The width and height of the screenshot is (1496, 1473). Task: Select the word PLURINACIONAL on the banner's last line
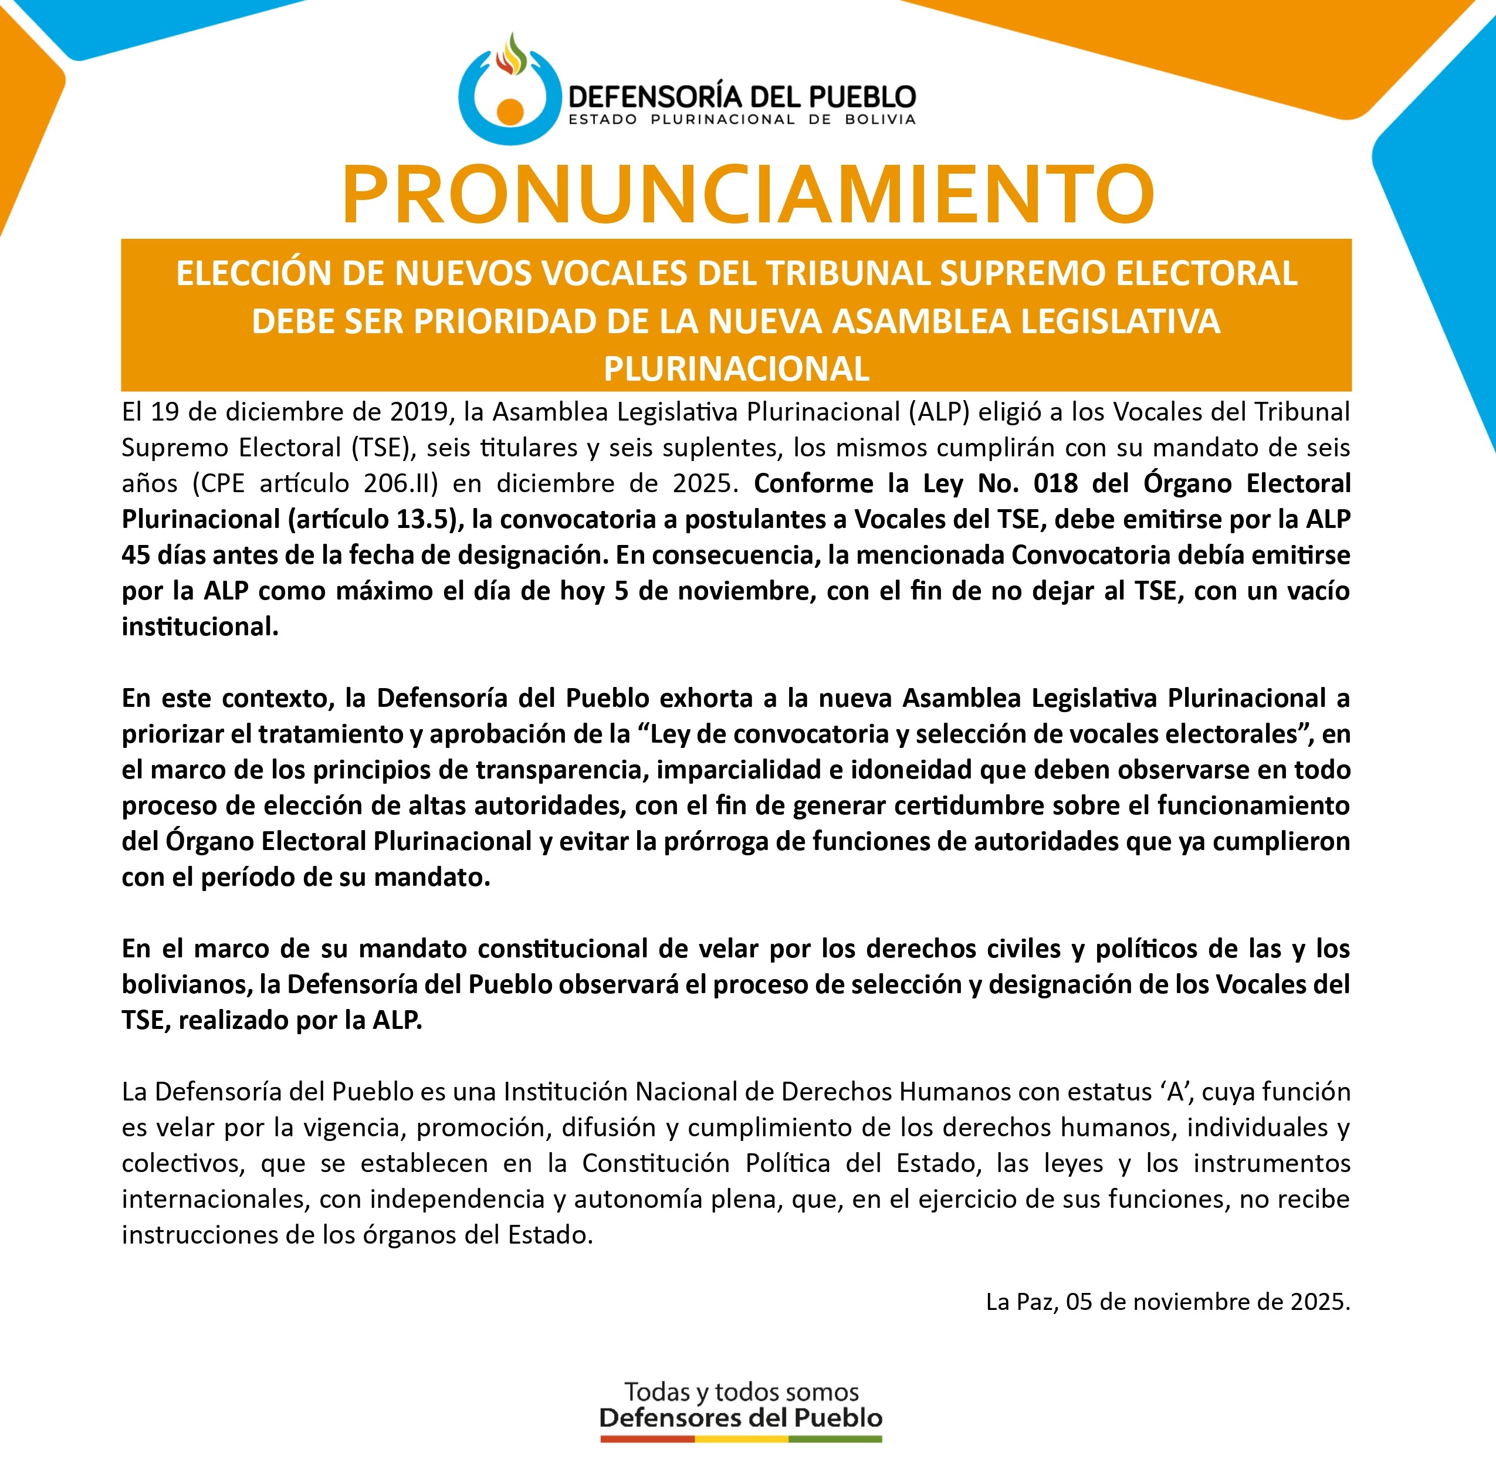pos(736,369)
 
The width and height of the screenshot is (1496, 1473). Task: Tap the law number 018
pos(1056,483)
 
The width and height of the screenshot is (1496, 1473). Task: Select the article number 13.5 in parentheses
pos(422,519)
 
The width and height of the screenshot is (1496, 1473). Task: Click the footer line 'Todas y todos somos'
pos(741,1393)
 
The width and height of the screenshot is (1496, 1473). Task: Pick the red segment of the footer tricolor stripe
pos(647,1439)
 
